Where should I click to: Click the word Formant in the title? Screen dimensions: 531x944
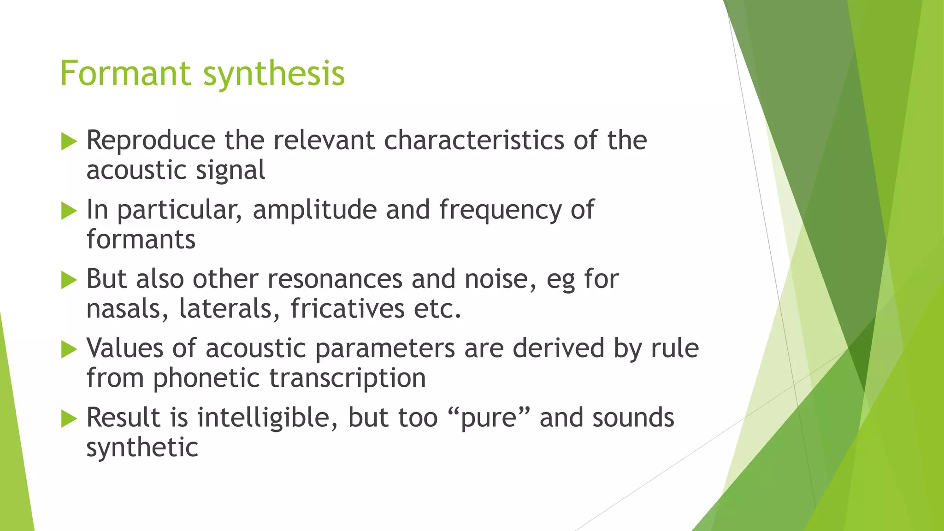coord(125,73)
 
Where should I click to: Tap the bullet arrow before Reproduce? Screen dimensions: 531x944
coord(69,142)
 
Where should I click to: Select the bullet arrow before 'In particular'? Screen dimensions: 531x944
coord(69,211)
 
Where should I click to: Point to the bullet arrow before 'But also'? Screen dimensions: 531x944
coord(69,280)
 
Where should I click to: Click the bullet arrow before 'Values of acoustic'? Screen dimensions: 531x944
coord(69,349)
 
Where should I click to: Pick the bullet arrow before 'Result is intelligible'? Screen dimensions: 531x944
coord(69,419)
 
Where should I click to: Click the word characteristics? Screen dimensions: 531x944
coord(474,140)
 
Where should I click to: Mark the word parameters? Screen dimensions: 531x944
coord(385,349)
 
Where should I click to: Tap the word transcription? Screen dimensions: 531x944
coord(347,379)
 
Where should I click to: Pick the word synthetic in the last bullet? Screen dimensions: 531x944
coord(142,448)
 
